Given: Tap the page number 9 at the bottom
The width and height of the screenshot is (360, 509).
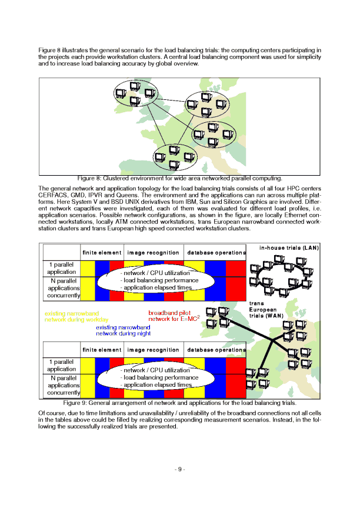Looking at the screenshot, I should [x=180, y=469].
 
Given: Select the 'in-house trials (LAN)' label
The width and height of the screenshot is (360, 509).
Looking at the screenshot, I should [x=289, y=248].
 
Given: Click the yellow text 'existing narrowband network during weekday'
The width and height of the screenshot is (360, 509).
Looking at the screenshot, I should [x=72, y=317].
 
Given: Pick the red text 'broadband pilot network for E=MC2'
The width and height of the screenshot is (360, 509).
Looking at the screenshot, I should [x=173, y=317].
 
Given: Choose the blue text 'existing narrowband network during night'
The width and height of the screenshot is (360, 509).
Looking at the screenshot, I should [x=123, y=330].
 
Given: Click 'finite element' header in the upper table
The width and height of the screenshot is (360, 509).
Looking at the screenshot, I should [x=102, y=253].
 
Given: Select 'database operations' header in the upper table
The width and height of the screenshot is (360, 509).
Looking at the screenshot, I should [x=216, y=253].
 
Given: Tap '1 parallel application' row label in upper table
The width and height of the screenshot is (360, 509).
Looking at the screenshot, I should [x=61, y=268].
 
